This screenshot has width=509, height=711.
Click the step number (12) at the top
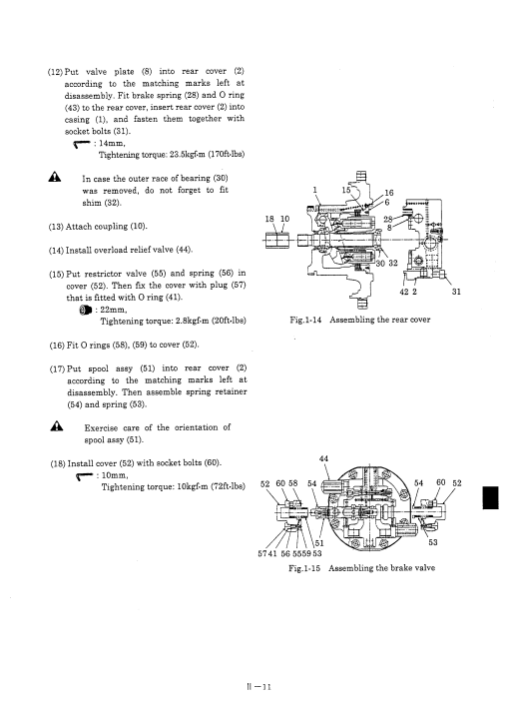[55, 72]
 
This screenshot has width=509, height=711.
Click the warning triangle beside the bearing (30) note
[55, 177]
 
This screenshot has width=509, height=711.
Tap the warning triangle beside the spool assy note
[57, 425]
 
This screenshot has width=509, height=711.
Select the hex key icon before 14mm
[83, 144]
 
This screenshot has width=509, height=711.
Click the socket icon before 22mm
[85, 311]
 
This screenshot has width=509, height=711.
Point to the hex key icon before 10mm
[85, 475]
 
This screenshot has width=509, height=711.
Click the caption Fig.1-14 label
[305, 320]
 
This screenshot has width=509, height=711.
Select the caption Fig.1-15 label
[304, 568]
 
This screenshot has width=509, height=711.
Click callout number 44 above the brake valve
[323, 459]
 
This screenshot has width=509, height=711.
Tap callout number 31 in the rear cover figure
[456, 292]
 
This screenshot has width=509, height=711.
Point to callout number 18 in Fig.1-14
[269, 219]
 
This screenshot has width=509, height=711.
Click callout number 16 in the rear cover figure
[389, 193]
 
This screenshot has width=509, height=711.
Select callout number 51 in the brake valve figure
[319, 543]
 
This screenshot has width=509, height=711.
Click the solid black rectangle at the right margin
[491, 497]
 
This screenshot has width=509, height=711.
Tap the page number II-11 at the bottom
[258, 686]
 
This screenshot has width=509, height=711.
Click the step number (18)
[58, 464]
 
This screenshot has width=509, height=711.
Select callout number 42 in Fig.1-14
[404, 292]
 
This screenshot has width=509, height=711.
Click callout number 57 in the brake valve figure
[262, 553]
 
